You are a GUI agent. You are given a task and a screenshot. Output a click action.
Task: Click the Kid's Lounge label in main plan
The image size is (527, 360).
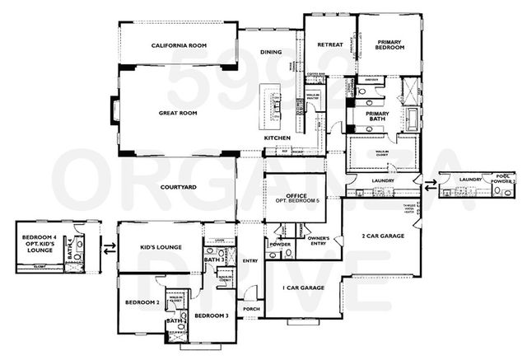click(161, 247)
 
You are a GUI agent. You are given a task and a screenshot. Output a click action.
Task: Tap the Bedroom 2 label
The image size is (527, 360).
click(142, 302)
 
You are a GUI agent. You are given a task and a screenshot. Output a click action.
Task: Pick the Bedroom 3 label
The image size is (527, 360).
click(211, 316)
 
